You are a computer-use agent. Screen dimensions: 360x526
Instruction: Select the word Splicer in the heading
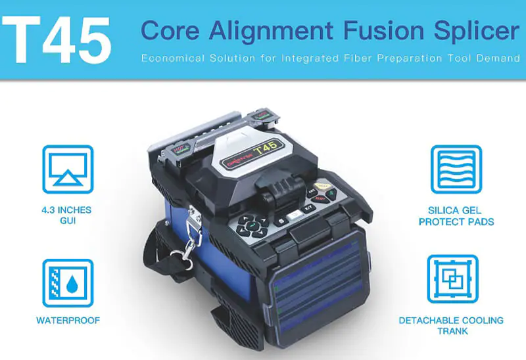pyautogui.click(x=471, y=31)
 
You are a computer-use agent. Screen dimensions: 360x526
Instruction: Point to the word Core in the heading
pyautogui.click(x=170, y=31)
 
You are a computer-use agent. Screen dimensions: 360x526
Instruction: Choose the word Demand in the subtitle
pyautogui.click(x=498, y=59)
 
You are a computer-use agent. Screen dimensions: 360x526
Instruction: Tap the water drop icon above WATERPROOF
pyautogui.click(x=68, y=282)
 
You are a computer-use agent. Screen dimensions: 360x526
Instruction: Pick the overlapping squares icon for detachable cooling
pyautogui.click(x=452, y=279)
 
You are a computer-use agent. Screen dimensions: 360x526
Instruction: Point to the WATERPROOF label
pyautogui.click(x=68, y=321)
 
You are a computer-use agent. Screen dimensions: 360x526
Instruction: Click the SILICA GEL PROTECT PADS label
pyautogui.click(x=456, y=215)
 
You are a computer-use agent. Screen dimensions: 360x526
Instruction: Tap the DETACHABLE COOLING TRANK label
pyautogui.click(x=451, y=326)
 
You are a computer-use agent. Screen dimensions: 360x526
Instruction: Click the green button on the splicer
pyautogui.click(x=331, y=194)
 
